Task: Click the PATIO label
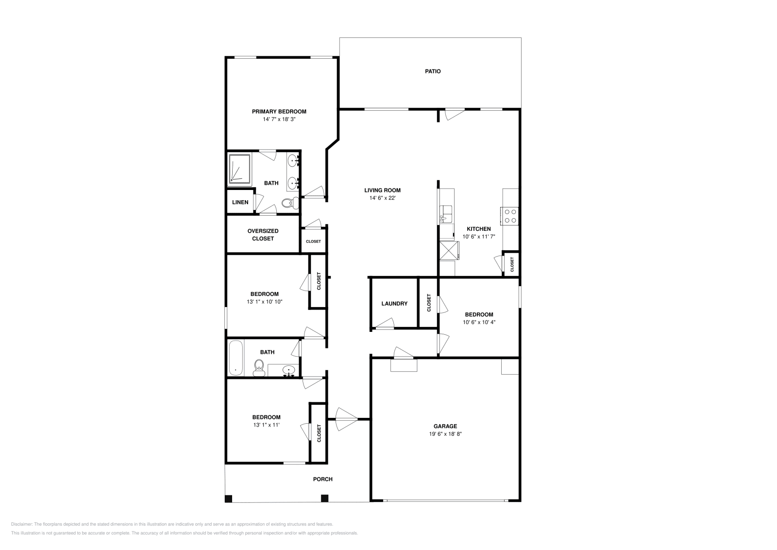coord(433,71)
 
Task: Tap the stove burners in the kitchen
coord(509,216)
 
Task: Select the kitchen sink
coord(446,214)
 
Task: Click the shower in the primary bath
coord(240,170)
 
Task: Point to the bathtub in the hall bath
coord(236,358)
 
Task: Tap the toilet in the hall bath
coord(259,368)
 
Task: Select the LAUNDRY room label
coord(394,304)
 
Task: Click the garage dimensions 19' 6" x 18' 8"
coord(445,434)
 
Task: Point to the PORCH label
coord(322,479)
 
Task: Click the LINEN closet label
coord(240,202)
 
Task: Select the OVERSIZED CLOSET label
coord(263,235)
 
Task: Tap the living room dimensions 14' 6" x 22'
coord(382,198)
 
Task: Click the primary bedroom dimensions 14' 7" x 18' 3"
coord(279,120)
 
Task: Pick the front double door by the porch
coord(347,419)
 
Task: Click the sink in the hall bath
coord(288,371)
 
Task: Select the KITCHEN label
coord(479,229)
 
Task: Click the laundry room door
coord(385,324)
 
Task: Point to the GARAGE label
coord(445,426)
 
